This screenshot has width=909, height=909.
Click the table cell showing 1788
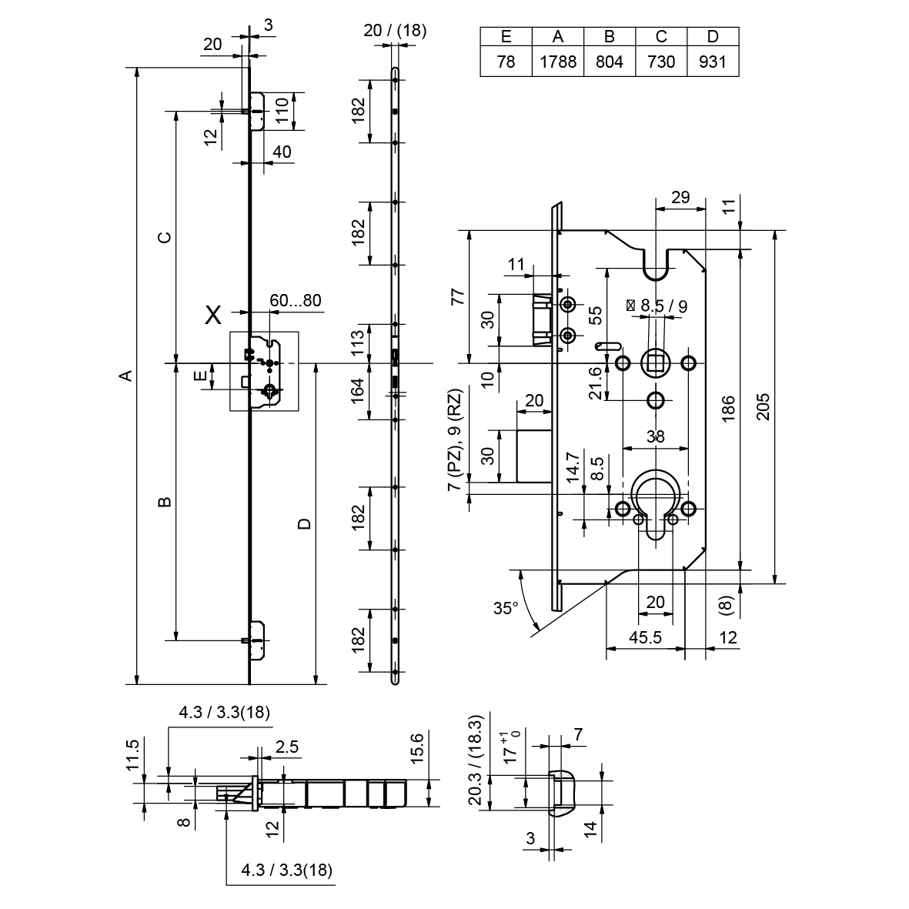pyautogui.click(x=558, y=62)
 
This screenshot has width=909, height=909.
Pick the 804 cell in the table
pyautogui.click(x=610, y=62)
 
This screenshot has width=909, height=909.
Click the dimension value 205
pyautogui.click(x=763, y=407)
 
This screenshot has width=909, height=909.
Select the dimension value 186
pyautogui.click(x=728, y=407)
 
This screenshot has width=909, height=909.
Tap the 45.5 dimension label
pyautogui.click(x=645, y=637)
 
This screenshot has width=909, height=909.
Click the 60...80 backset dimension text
pyautogui.click(x=296, y=300)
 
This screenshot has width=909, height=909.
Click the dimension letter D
pyautogui.click(x=305, y=524)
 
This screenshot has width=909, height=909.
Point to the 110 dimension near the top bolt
pyautogui.click(x=282, y=112)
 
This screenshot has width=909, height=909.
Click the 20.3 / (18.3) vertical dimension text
pyautogui.click(x=476, y=760)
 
